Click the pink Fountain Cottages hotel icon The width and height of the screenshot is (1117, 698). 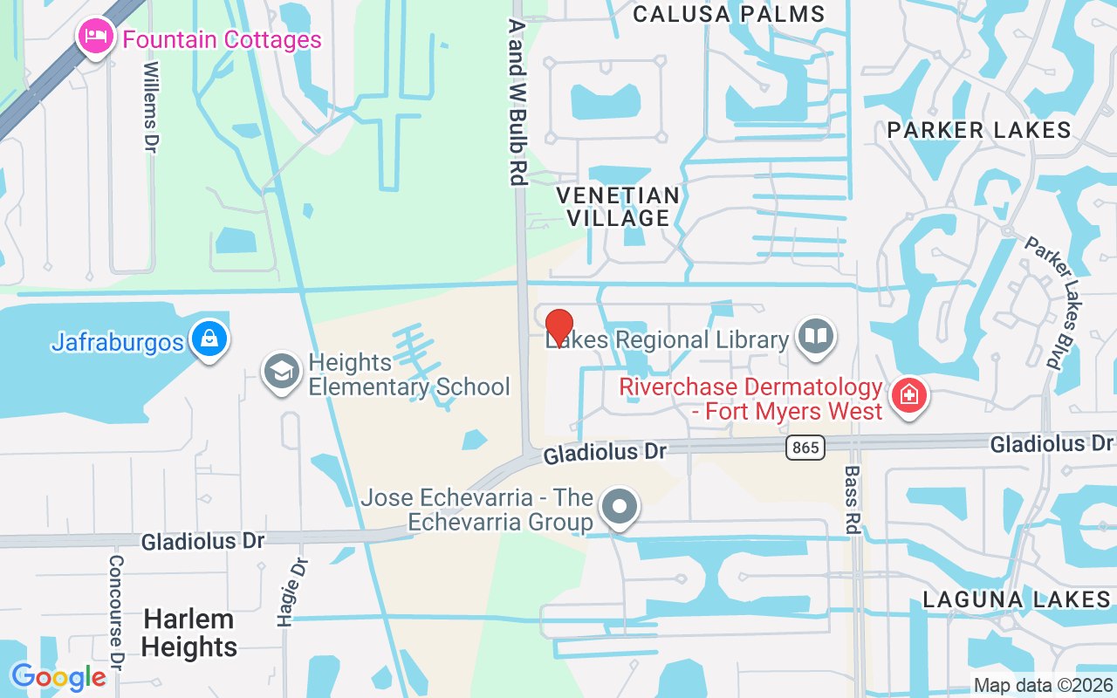tap(94, 38)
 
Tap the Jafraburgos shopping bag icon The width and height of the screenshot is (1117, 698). tap(209, 339)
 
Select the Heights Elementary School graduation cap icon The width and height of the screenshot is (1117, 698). tap(282, 373)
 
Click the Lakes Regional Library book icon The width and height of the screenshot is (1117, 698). tap(816, 336)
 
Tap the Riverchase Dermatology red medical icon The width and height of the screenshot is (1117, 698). tap(908, 395)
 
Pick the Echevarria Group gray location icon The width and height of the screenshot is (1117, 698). tap(620, 506)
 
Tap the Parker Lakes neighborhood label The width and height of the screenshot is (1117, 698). tap(979, 130)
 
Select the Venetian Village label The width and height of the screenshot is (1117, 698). tap(618, 206)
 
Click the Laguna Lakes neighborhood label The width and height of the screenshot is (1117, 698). tap(1017, 599)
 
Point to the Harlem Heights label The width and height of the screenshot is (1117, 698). tap(189, 633)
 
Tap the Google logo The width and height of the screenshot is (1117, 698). tap(58, 677)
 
